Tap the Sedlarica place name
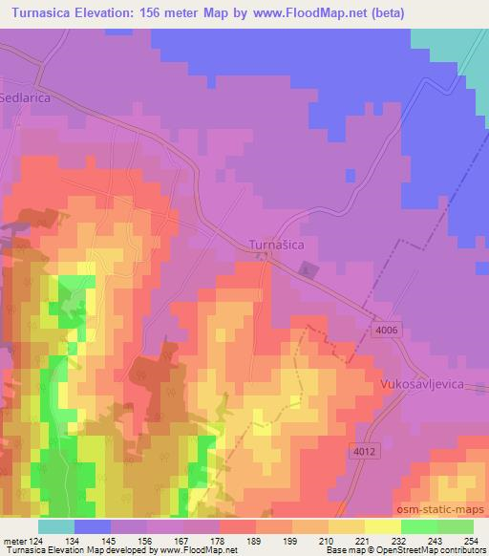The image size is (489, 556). pyautogui.click(x=25, y=97)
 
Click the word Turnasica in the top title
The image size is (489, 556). pyautogui.click(x=46, y=13)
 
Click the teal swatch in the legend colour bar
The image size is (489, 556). pyautogui.click(x=56, y=526)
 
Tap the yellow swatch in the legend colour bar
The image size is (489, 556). pyautogui.click(x=383, y=526)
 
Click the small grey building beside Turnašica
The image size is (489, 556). pyautogui.click(x=306, y=269)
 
